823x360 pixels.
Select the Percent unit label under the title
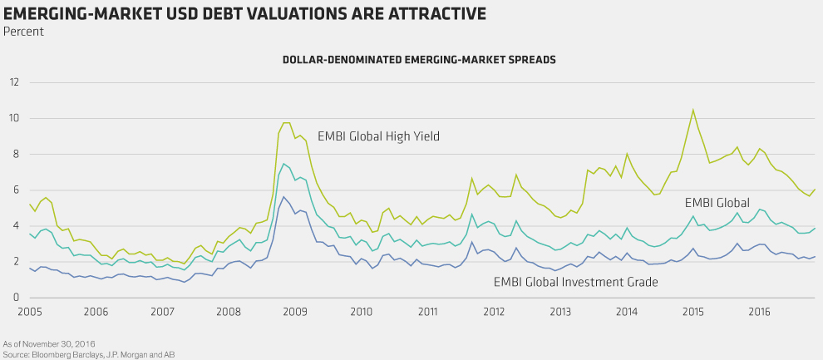coord(23,32)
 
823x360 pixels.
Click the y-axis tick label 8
coord(15,154)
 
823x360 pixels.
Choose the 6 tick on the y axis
coord(15,190)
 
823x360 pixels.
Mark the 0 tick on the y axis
coord(15,298)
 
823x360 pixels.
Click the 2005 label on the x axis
coord(30,312)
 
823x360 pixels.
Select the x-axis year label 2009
coord(295,312)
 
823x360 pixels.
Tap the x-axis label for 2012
coord(495,312)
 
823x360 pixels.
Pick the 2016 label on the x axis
coord(759,312)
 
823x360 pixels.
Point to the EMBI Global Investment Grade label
coord(576,283)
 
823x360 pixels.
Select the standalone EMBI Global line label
coord(717,202)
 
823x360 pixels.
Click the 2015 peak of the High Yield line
coord(693,110)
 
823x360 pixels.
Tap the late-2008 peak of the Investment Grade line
coord(283,197)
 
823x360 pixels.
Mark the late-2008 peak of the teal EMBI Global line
coord(283,163)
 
